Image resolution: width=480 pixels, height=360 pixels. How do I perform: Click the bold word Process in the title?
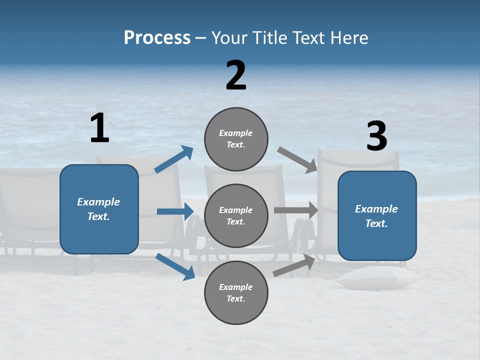(x=157, y=38)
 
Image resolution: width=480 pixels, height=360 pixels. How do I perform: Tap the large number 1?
(x=99, y=128)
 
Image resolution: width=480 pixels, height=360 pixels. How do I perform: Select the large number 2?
(x=236, y=75)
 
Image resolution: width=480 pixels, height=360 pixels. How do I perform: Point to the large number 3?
(x=376, y=136)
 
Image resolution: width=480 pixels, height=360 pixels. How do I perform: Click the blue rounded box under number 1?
(x=99, y=209)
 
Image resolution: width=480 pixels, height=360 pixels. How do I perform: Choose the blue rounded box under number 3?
(x=377, y=215)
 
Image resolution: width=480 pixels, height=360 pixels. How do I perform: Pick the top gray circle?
(x=236, y=139)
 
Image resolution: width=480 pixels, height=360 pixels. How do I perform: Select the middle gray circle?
(x=236, y=215)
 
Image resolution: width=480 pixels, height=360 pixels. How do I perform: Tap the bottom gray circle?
(x=236, y=292)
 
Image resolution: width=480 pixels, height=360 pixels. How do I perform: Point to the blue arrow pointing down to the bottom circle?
(x=175, y=266)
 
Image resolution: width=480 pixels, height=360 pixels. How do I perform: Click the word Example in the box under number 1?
(x=98, y=202)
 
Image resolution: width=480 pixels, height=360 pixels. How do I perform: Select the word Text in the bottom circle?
(x=235, y=298)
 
